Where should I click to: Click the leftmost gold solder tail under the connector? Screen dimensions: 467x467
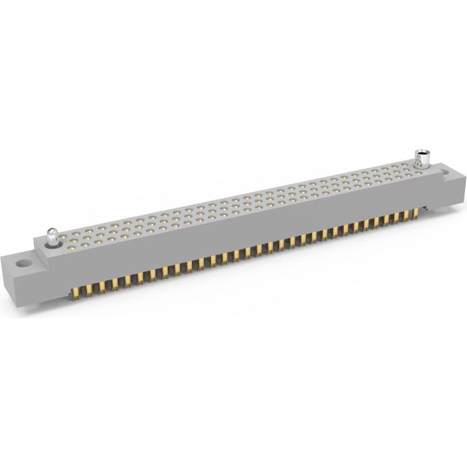click(75, 292)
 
